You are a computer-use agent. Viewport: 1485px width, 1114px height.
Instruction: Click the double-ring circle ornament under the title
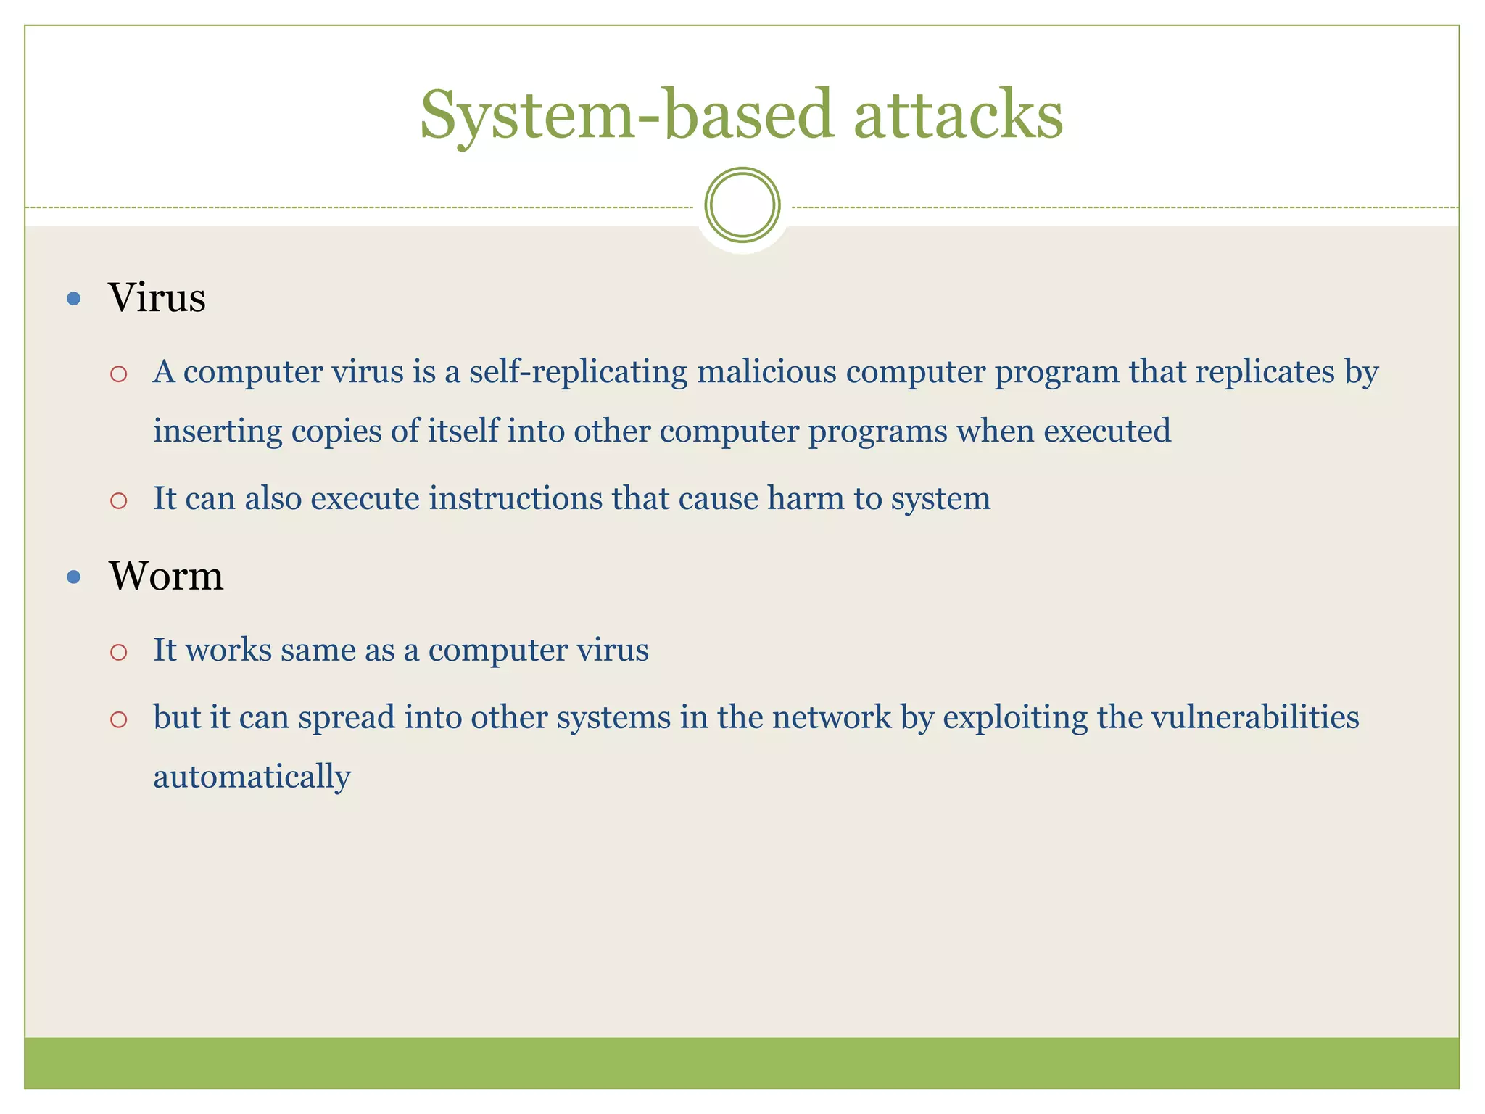742,205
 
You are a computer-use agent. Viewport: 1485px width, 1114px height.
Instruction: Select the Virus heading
157,297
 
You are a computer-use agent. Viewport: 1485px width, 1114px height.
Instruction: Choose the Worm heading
166,576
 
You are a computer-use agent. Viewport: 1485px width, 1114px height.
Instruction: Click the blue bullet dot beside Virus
73,298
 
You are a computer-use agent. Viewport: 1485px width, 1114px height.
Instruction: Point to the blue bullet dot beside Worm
73,577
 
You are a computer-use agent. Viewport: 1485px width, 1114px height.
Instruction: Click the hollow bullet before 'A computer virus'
119,374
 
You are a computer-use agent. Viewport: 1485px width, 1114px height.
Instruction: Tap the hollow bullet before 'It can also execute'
119,500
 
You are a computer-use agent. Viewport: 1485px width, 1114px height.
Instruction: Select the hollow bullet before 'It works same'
119,652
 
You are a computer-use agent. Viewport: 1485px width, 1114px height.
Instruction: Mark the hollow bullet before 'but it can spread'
119,719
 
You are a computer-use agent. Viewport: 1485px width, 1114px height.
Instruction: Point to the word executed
1107,432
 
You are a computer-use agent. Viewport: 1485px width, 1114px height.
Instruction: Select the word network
831,717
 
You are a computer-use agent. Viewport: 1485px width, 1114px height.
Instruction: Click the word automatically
252,777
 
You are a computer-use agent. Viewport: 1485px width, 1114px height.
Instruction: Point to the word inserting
218,432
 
